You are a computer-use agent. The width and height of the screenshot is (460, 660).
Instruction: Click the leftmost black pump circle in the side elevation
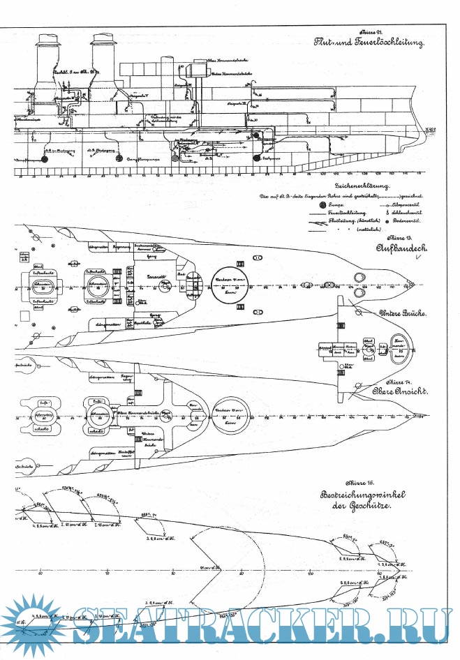click(45, 159)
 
